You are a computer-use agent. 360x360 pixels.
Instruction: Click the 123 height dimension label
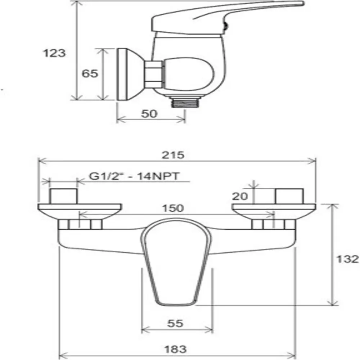[x=54, y=53]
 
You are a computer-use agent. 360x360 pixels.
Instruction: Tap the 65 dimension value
[x=90, y=73]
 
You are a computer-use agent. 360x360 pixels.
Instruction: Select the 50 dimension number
[x=149, y=113]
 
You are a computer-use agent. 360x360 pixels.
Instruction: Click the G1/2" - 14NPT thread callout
[x=134, y=176]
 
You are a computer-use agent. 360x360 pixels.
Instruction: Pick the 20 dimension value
[x=240, y=196]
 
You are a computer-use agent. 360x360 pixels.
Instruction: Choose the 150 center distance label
[x=173, y=208]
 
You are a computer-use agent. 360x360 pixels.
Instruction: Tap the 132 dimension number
[x=347, y=259]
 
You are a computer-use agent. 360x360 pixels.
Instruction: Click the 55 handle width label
[x=175, y=323]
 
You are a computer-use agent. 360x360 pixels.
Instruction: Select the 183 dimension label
[x=175, y=349]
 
